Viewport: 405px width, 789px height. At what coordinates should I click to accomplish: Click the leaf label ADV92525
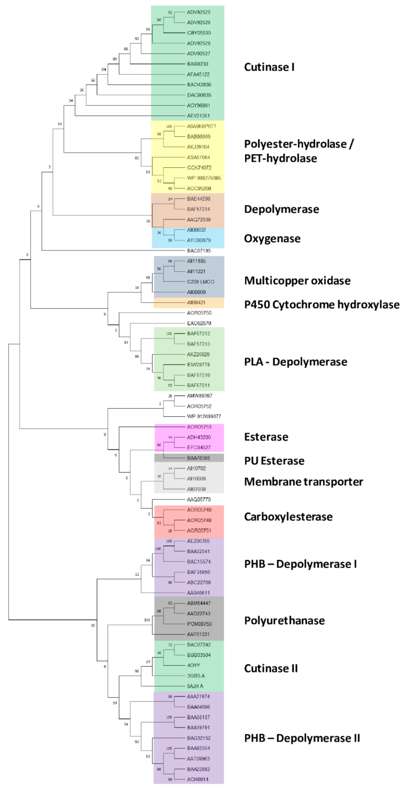[199, 12]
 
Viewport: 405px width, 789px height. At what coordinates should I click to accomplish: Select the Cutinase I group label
[269, 67]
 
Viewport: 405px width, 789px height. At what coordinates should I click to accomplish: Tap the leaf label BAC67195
[199, 251]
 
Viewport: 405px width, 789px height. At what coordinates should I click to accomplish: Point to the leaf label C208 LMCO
[201, 282]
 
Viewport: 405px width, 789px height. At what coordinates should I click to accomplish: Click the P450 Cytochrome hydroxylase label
[322, 304]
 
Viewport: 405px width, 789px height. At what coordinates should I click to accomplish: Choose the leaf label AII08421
[196, 302]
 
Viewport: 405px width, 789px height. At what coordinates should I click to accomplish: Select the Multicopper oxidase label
[297, 281]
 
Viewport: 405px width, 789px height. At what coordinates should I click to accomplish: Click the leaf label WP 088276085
[204, 178]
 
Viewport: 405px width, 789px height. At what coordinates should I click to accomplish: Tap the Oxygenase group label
[272, 238]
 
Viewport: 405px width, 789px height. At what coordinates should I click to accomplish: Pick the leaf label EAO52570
[199, 323]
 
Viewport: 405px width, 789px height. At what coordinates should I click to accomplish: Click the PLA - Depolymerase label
[296, 362]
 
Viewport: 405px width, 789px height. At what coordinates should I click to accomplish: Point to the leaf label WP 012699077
[204, 416]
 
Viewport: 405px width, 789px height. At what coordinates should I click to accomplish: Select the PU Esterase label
[274, 461]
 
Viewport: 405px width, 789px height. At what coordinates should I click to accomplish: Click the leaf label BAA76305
[199, 458]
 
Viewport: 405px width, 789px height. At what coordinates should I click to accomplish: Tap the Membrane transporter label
[304, 482]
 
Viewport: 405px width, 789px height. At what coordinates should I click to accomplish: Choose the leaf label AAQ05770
[199, 499]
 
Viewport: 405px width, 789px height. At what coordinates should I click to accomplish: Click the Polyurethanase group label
[284, 621]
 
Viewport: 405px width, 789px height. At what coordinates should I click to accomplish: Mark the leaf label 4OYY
[194, 665]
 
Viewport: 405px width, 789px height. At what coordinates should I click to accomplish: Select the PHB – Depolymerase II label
[302, 738]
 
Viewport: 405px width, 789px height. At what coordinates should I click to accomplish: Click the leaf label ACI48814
[198, 779]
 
